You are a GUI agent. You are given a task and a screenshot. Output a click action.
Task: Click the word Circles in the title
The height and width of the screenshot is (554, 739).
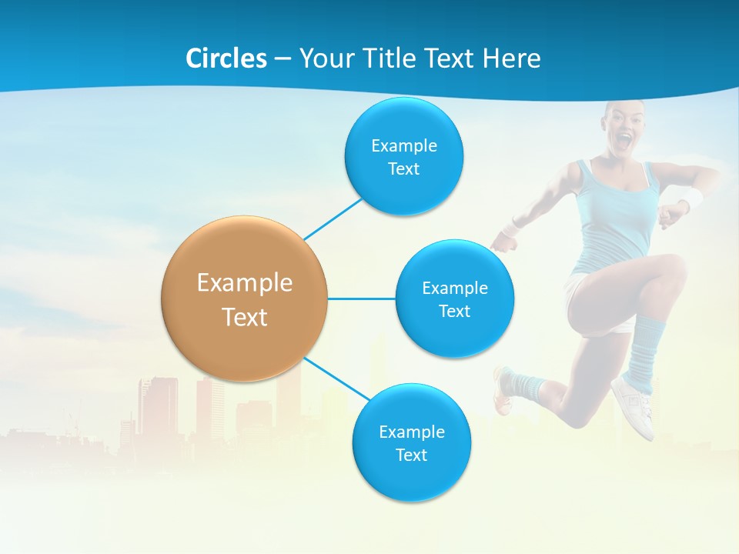226,58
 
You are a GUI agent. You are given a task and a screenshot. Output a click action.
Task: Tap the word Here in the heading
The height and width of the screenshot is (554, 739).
511,58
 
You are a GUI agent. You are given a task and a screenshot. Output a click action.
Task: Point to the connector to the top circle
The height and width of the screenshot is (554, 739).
333,218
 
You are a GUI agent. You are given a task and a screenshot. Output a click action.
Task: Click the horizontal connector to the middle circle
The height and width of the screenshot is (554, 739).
361,299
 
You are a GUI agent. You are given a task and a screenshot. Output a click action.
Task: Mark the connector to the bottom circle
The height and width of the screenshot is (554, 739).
336,379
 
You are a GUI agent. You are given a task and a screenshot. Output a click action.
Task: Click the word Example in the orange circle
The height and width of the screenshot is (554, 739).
245,282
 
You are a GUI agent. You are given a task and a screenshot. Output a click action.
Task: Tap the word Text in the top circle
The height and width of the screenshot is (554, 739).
403,169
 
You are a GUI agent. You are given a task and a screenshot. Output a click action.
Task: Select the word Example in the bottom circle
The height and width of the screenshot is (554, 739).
411,432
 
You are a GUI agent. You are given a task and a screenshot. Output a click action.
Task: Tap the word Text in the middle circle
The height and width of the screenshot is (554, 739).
454,311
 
